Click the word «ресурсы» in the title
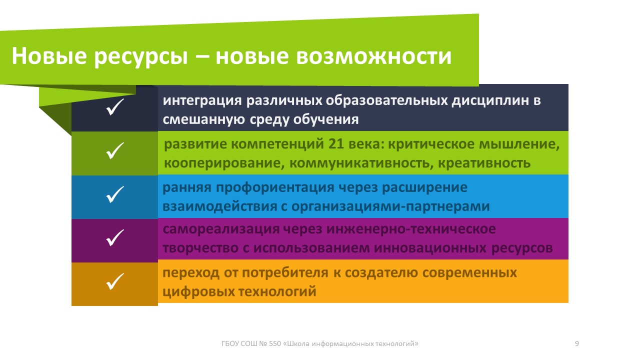pos(141,57)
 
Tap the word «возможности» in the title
pos(373,56)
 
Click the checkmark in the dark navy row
pos(115,107)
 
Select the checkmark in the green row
pos(115,150)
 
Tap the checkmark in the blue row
pos(115,194)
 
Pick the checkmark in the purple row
pos(115,237)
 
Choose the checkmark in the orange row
pos(115,281)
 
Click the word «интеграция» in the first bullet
pos(202,101)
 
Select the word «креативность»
pos(484,163)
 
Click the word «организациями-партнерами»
pos(390,207)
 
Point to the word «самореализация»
pos(221,229)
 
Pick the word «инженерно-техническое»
pos(411,229)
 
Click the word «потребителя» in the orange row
pos(285,273)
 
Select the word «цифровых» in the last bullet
pos(198,292)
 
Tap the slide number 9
pos(577,343)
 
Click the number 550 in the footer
pos(275,343)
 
